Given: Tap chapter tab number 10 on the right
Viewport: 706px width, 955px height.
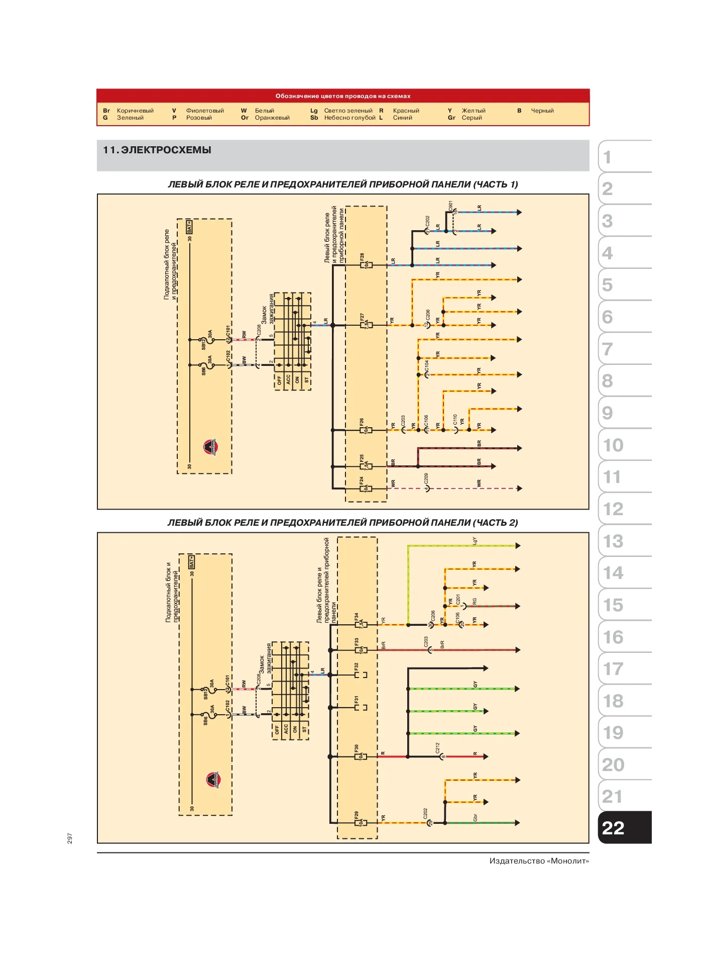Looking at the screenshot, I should tap(614, 445).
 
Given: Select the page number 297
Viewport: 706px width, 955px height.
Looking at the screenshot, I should tap(70, 838).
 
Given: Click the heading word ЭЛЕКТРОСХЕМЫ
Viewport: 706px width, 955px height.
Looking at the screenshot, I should tap(166, 150).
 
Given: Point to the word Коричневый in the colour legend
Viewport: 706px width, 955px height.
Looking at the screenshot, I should tap(135, 111).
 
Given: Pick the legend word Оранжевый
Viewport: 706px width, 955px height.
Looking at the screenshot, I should tap(272, 118).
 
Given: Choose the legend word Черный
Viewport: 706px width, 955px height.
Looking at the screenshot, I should tap(542, 111).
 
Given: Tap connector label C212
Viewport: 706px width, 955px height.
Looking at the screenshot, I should tap(437, 747).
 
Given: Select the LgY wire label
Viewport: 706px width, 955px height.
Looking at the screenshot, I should tap(475, 541).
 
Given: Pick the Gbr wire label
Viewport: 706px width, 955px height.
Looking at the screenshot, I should tap(475, 818).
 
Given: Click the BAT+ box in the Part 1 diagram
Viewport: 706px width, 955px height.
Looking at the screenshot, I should tap(189, 227).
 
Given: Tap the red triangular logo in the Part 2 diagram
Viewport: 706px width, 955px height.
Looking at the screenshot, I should tap(213, 780).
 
